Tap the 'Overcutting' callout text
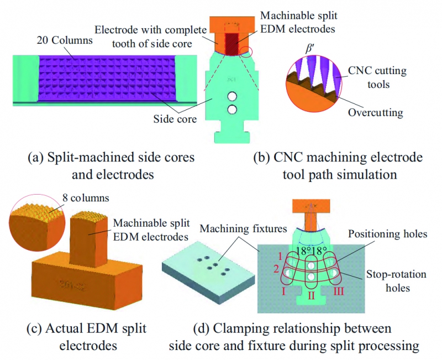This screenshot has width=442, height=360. [x=376, y=113]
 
